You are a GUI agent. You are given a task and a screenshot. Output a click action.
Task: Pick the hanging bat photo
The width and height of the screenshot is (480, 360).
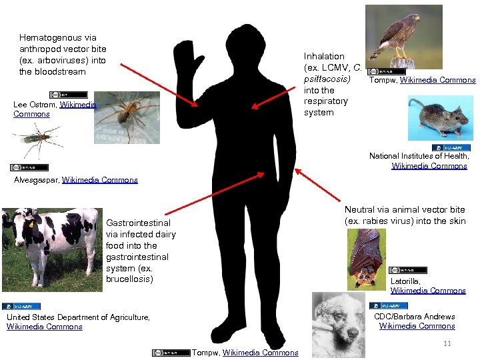pyautogui.click(x=366, y=259)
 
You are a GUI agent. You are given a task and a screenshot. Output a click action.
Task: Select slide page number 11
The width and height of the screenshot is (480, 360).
pyautogui.click(x=447, y=343)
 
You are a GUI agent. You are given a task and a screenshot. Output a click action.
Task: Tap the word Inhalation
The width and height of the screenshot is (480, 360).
pyautogui.click(x=324, y=57)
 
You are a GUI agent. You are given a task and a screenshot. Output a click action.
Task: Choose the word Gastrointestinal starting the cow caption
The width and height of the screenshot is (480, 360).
pyautogui.click(x=138, y=223)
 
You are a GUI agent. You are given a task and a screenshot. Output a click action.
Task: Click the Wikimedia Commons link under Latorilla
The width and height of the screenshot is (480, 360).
pyautogui.click(x=428, y=291)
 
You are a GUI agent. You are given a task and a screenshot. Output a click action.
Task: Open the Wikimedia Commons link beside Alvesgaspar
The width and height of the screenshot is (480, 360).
pyautogui.click(x=99, y=180)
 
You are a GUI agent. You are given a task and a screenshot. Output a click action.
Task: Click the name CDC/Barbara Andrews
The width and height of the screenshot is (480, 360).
pyautogui.click(x=414, y=317)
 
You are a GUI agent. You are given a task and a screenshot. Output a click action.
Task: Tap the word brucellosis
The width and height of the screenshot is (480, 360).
pyautogui.click(x=129, y=279)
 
